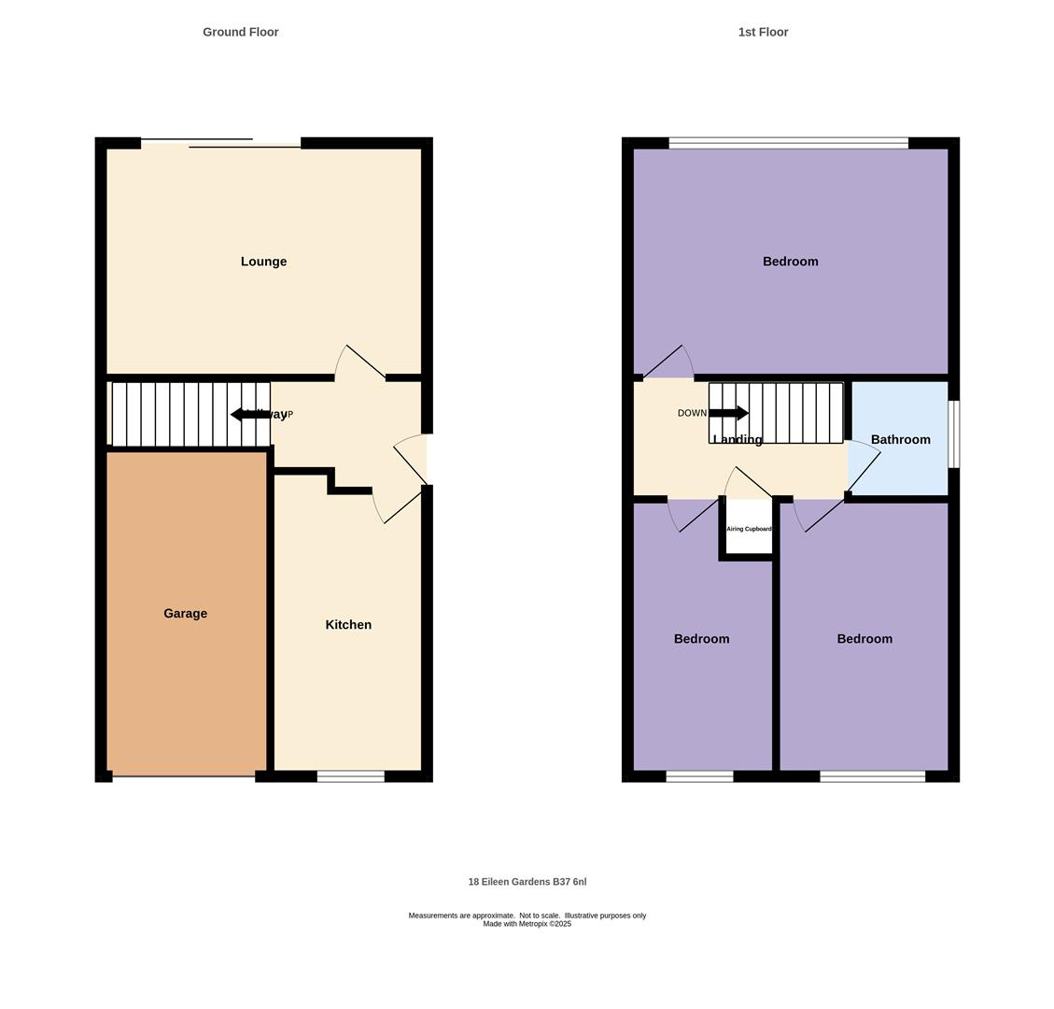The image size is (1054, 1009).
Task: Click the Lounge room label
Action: [263, 262]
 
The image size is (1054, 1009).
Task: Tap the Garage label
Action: [185, 614]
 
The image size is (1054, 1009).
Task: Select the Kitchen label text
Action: [348, 625]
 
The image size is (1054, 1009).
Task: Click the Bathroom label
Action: [900, 440]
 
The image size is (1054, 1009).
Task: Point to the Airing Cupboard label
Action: [749, 529]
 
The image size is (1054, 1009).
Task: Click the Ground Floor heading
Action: [241, 32]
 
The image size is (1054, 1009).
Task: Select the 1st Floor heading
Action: [763, 32]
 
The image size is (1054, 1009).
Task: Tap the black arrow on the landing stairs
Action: [729, 413]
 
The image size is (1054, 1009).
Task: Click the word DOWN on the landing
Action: [692, 413]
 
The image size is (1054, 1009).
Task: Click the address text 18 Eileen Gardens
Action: [527, 882]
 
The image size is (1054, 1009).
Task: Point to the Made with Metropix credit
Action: [527, 924]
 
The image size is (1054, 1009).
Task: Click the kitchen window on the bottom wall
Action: [350, 776]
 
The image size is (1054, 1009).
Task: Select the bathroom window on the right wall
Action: [953, 434]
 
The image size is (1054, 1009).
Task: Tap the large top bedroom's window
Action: [788, 143]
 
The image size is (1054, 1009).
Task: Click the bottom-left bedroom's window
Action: [699, 776]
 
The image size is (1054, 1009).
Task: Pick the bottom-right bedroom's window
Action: [872, 776]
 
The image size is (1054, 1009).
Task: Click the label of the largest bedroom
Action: [790, 262]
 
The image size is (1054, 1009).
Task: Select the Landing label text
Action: [738, 440]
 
